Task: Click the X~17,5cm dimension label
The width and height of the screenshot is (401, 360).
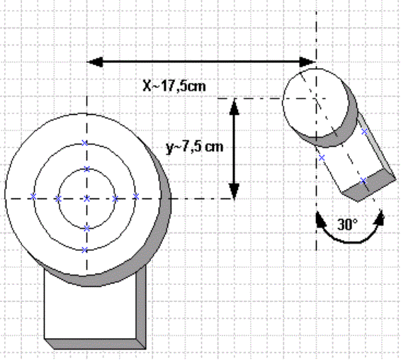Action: pos(174,86)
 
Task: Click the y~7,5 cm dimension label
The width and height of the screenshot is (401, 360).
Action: pos(195,147)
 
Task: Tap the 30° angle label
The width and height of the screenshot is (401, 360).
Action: pos(348,225)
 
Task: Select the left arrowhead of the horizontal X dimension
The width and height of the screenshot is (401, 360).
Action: pos(95,62)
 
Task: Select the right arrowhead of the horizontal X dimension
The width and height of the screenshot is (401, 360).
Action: pos(307,62)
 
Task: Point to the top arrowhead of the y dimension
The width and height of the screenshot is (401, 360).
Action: pos(235,106)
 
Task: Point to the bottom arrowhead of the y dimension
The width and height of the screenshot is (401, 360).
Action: pos(235,191)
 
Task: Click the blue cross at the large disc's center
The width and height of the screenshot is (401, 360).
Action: pos(87,198)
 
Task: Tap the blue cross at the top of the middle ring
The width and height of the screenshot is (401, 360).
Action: pos(84,142)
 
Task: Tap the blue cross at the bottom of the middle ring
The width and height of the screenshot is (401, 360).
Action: pos(84,250)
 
